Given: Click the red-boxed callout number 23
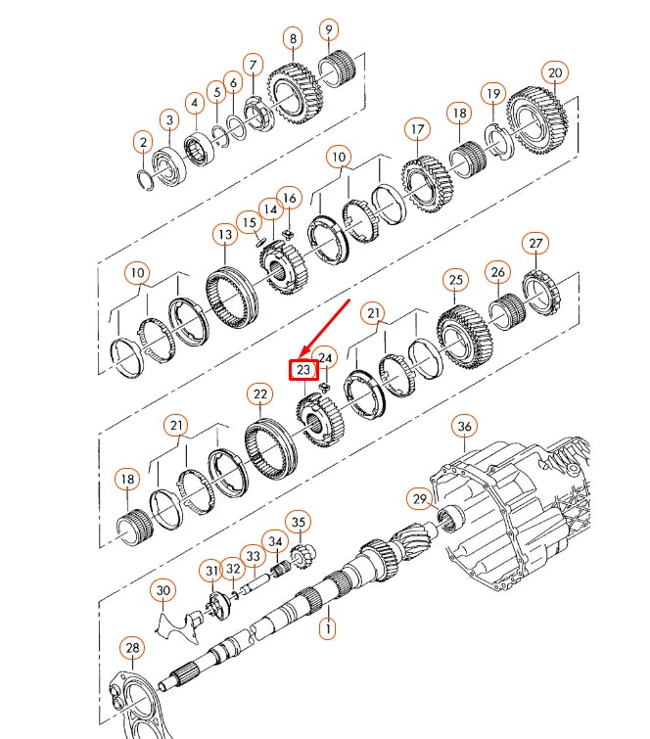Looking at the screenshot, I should [x=303, y=369].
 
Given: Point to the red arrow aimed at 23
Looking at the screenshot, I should [x=327, y=328].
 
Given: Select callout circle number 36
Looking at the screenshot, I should [x=465, y=427].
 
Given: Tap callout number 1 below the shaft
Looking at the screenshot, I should [x=328, y=627].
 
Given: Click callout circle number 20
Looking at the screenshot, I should [x=555, y=73].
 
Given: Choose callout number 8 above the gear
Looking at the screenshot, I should [x=292, y=39].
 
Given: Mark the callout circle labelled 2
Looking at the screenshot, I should [x=143, y=144].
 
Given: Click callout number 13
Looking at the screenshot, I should [x=225, y=235].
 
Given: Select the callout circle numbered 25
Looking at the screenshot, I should [x=454, y=280].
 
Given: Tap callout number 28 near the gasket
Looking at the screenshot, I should [x=131, y=648].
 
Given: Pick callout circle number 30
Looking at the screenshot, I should [x=163, y=590].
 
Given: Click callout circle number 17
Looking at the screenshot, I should [x=418, y=129].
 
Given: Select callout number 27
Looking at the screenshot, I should [x=535, y=244].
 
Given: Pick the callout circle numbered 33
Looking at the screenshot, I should [x=255, y=557].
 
